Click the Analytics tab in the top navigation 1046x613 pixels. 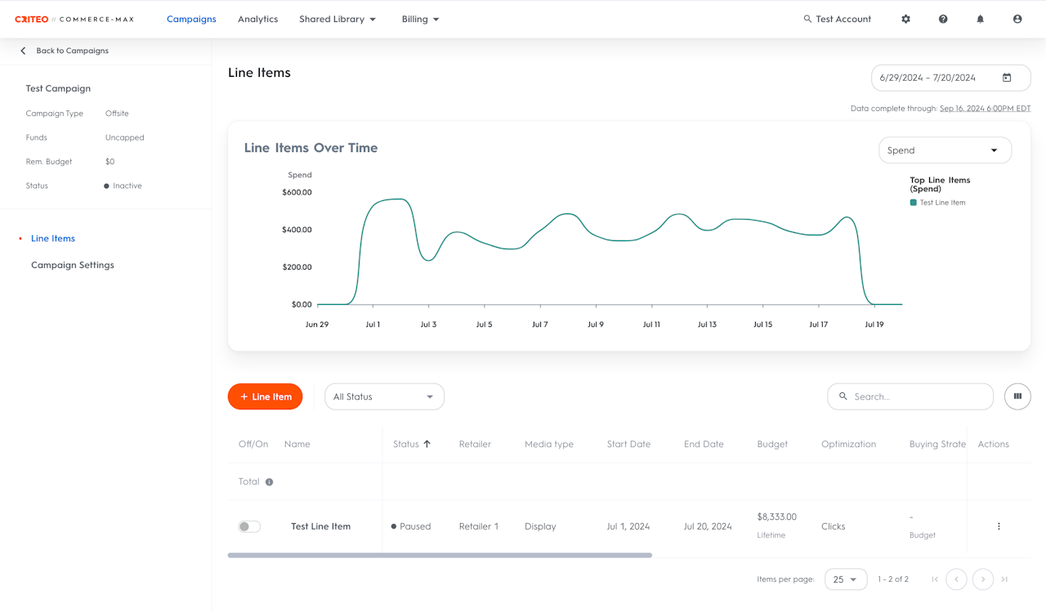[x=257, y=19]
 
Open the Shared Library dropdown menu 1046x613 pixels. [x=337, y=19]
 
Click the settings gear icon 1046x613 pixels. [x=906, y=19]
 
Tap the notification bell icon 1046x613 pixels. [x=980, y=19]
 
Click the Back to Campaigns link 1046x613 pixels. [x=72, y=51]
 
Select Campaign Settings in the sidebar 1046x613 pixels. [x=73, y=265]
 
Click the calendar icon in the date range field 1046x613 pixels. [x=1007, y=78]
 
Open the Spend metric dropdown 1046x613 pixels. [x=945, y=150]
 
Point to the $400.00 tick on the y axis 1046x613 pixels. [x=297, y=230]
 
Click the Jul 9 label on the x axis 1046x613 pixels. [x=596, y=324]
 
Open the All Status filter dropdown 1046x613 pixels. [x=384, y=396]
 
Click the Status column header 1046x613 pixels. [x=406, y=445]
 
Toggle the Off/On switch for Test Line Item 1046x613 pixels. [x=249, y=526]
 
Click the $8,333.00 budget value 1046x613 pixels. [x=776, y=517]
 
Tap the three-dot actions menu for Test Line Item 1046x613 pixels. [x=999, y=526]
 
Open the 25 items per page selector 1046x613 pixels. [x=846, y=579]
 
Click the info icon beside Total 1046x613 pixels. [x=270, y=482]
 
